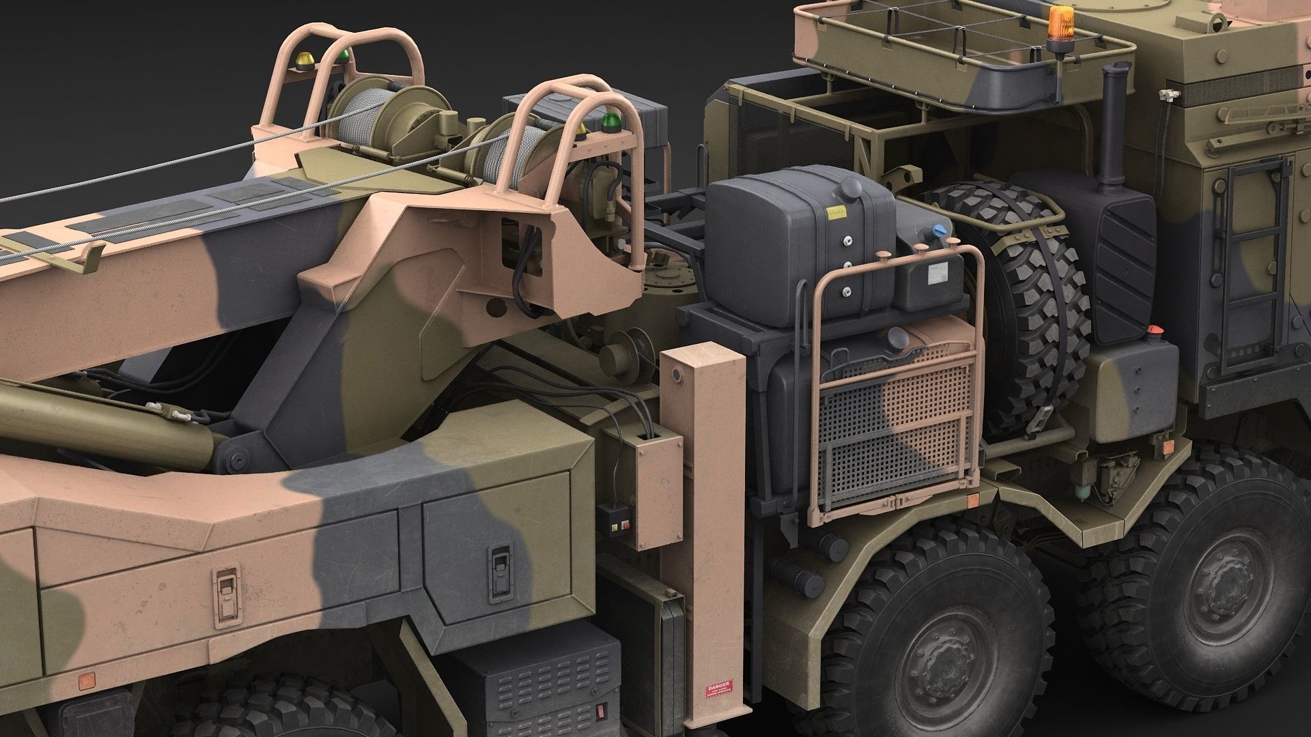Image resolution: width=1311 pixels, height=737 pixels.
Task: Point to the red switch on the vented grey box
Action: (x=602, y=710)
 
